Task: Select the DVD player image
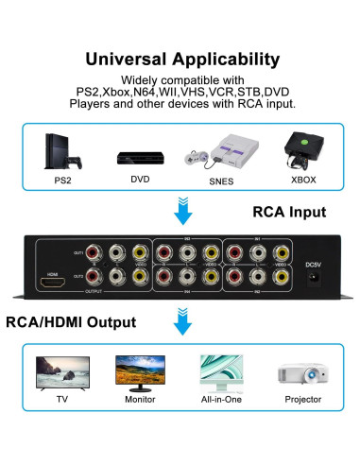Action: click(138, 157)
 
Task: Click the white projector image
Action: click(300, 373)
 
